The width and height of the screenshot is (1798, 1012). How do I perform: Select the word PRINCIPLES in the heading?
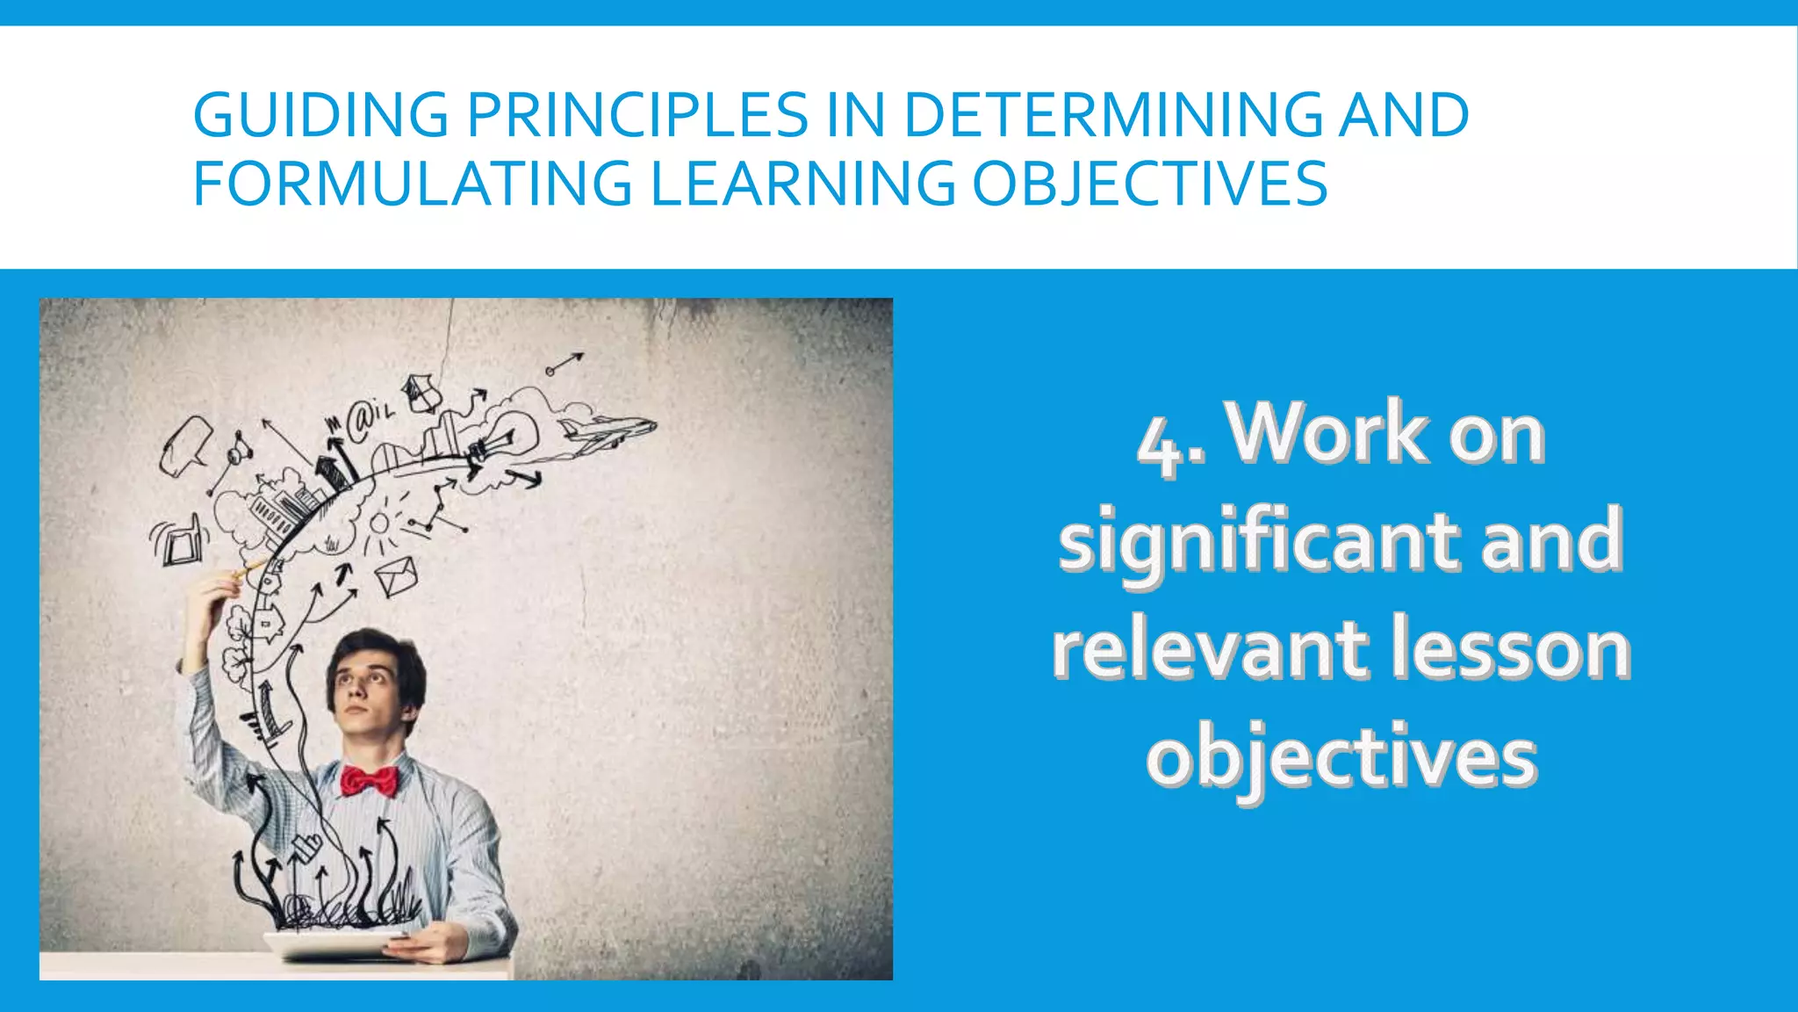[637, 115]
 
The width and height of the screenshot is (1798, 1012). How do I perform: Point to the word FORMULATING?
[412, 184]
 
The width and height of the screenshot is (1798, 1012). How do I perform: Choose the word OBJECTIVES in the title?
[1149, 184]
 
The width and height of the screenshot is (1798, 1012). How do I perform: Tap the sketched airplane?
[608, 431]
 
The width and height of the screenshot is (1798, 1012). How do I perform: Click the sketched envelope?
[395, 575]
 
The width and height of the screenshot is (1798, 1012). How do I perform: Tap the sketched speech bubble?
[185, 443]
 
